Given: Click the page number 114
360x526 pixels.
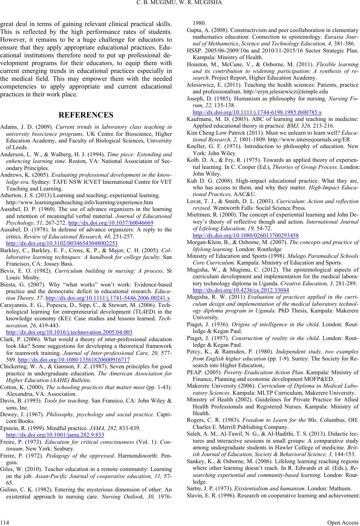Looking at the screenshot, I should (6, 522).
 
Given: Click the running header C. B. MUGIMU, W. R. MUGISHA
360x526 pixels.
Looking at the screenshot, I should (180, 4).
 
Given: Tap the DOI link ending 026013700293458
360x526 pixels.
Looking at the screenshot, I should (246, 235).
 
